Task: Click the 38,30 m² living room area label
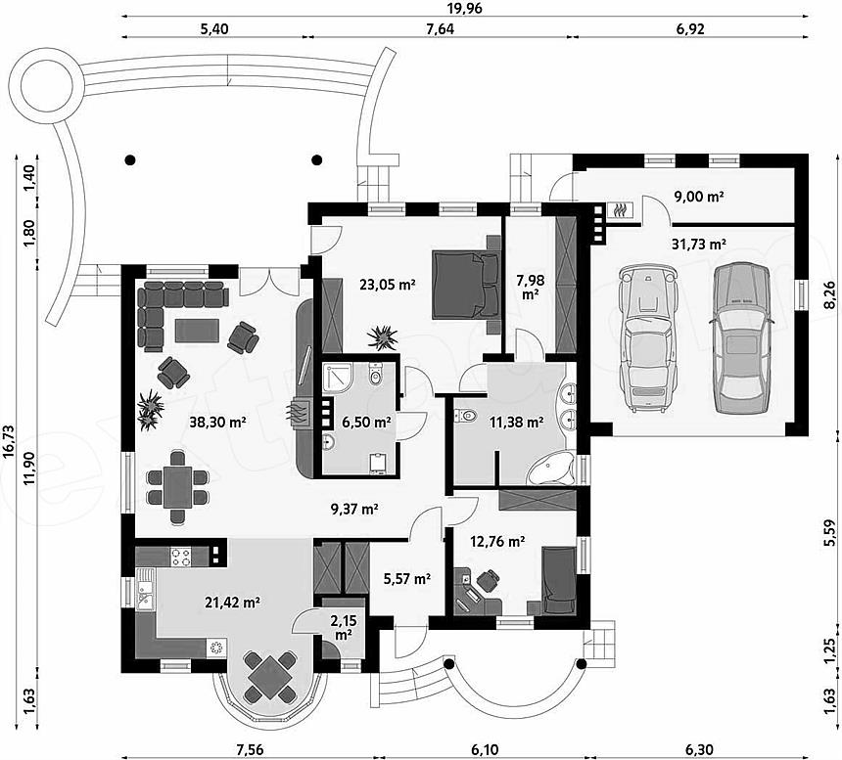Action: (217, 423)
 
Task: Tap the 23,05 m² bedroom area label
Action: (387, 285)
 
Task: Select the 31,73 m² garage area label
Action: (699, 244)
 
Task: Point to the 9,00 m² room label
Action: (699, 197)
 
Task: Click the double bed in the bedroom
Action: (466, 285)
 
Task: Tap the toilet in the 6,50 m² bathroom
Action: (375, 375)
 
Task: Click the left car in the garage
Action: (647, 337)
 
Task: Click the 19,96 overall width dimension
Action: (465, 8)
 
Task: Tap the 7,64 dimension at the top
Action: (440, 29)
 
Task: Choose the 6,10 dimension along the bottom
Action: (486, 749)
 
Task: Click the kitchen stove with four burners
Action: (181, 557)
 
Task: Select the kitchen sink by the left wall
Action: (145, 590)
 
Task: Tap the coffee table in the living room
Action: (197, 331)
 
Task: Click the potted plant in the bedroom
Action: (383, 337)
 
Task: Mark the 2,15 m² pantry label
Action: (344, 628)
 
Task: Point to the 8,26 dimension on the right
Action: (830, 295)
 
